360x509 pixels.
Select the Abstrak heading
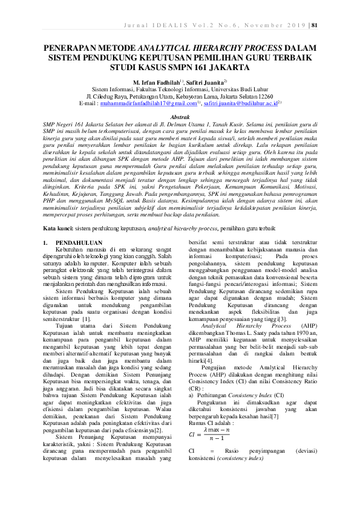pos(180,115)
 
